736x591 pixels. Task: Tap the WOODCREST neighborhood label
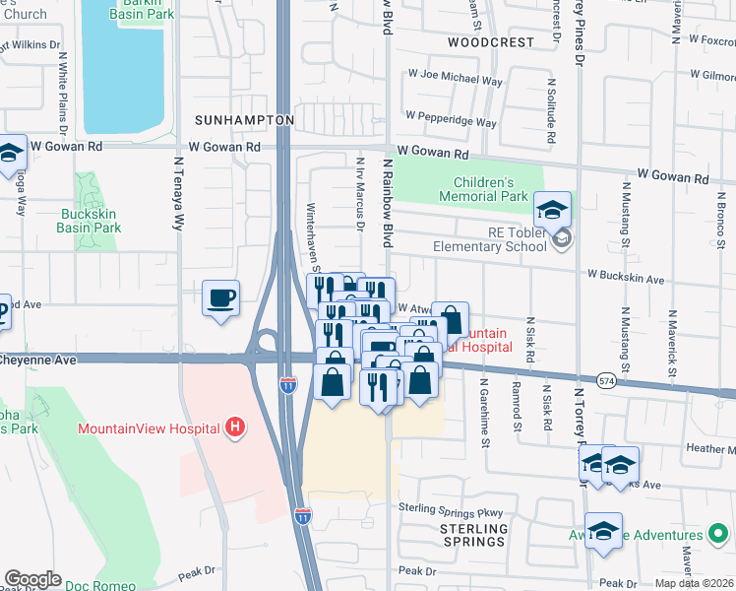pyautogui.click(x=490, y=42)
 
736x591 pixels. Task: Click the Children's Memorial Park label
pyautogui.click(x=497, y=189)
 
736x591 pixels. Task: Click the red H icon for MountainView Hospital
pyautogui.click(x=234, y=427)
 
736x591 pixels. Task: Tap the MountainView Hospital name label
pyautogui.click(x=150, y=428)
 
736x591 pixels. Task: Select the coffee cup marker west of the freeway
pyautogui.click(x=220, y=297)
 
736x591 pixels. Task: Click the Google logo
pyautogui.click(x=32, y=579)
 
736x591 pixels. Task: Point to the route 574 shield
pyautogui.click(x=608, y=379)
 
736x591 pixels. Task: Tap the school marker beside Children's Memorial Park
pyautogui.click(x=553, y=210)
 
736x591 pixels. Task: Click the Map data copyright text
pyautogui.click(x=694, y=582)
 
